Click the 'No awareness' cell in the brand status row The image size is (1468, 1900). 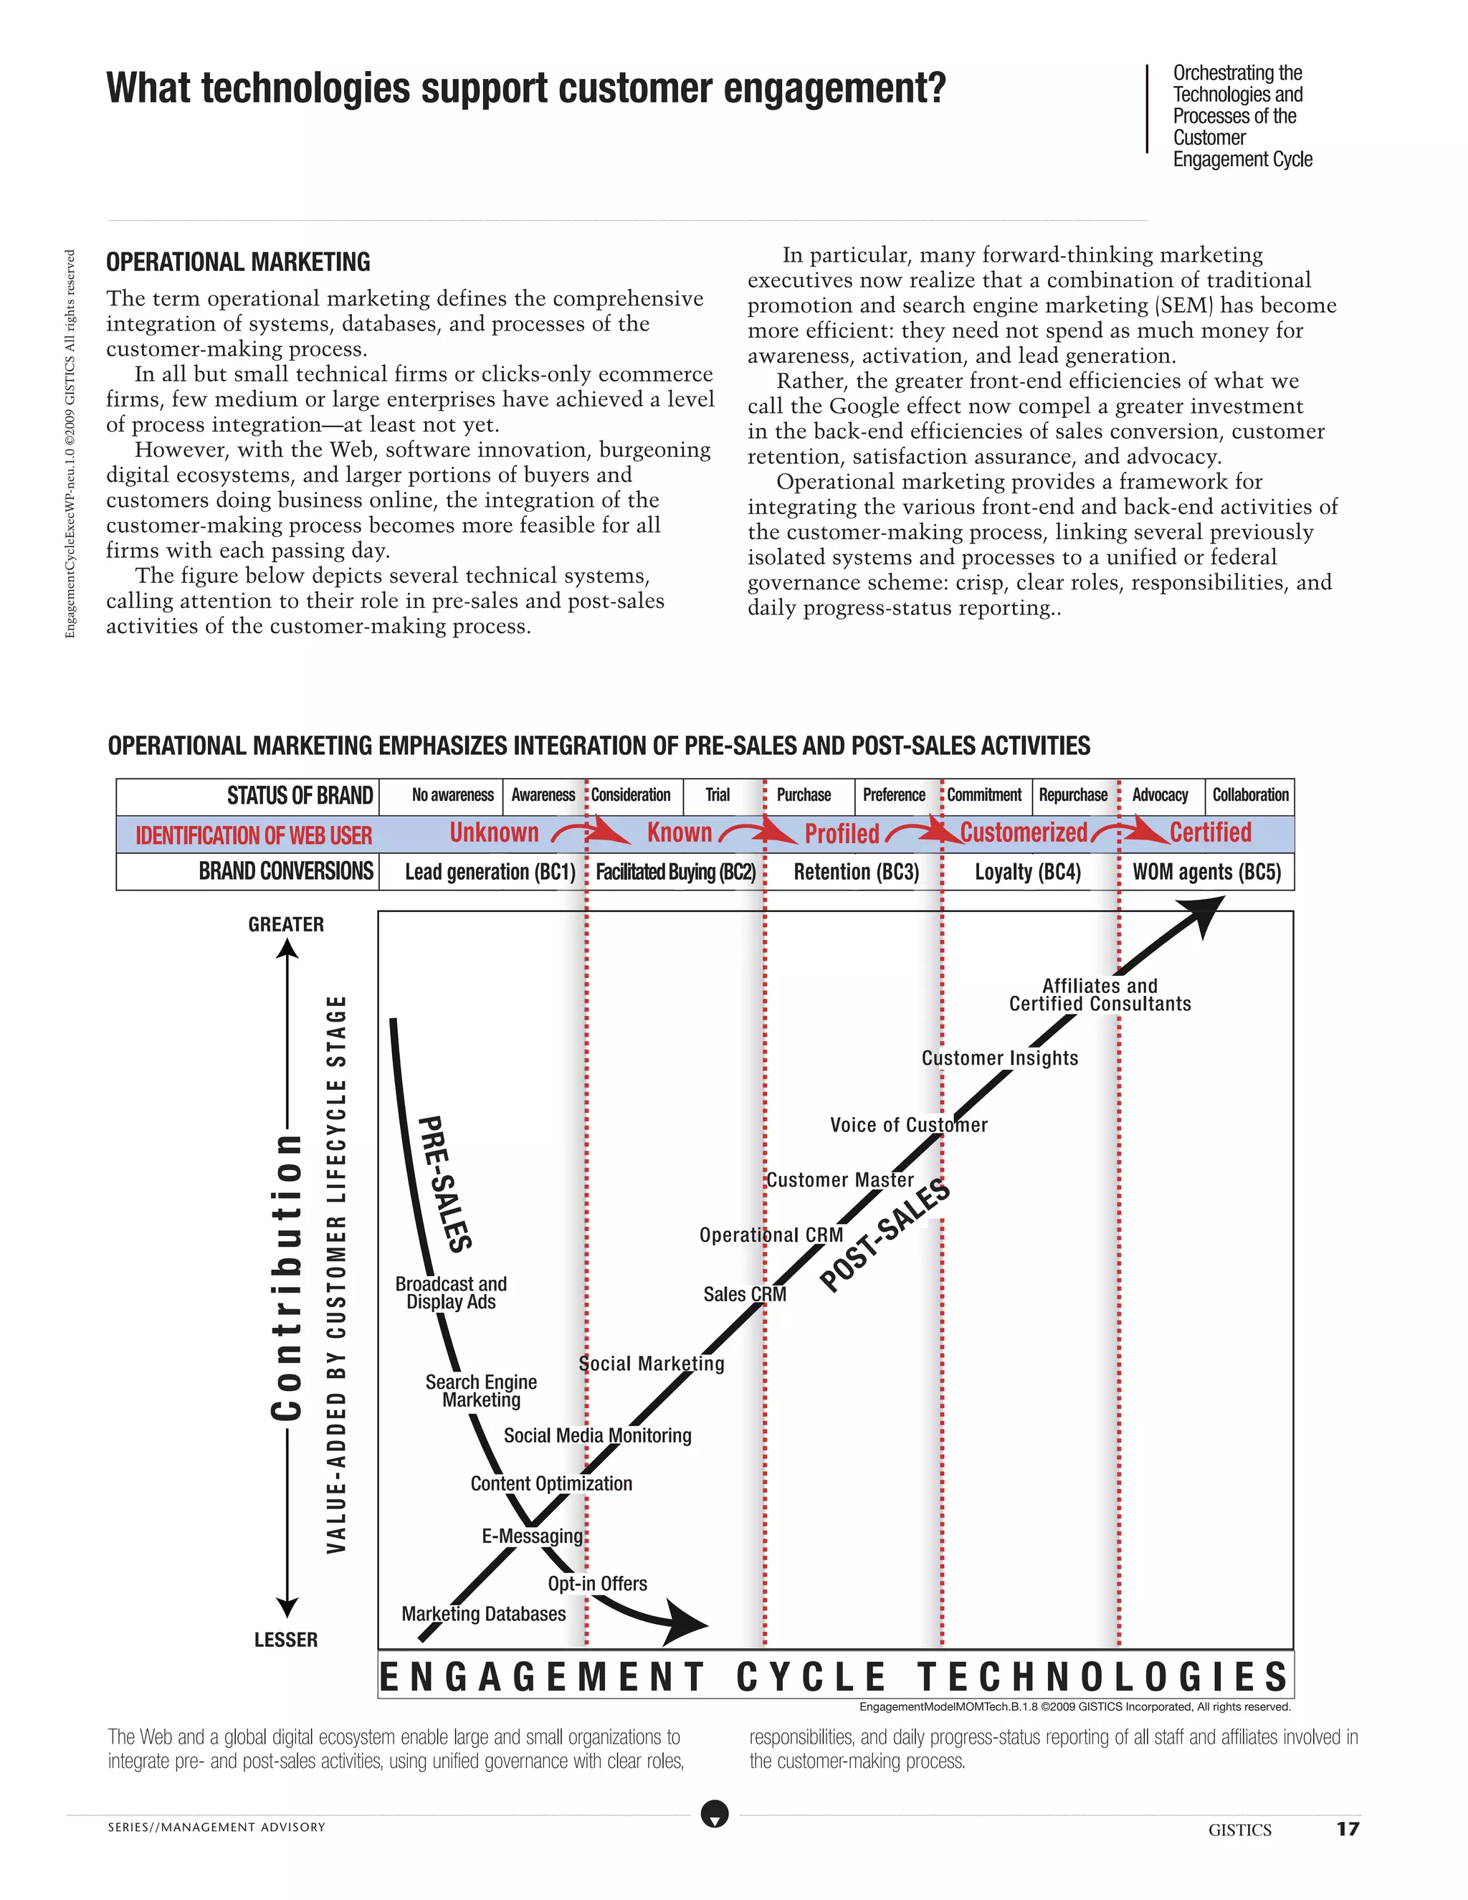tap(452, 795)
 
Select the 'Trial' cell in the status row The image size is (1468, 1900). tap(718, 795)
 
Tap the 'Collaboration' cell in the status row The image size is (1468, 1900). tap(1249, 795)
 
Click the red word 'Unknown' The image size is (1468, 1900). tap(494, 832)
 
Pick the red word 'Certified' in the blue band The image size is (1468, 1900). tap(1210, 832)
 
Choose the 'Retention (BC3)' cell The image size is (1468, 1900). tap(856, 872)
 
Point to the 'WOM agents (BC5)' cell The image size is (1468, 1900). tap(1206, 872)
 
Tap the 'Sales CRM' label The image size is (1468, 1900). tap(745, 1294)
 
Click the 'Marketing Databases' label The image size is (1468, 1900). tap(484, 1614)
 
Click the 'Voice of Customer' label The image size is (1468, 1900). tap(909, 1125)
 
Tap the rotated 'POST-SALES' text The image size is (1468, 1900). tap(885, 1235)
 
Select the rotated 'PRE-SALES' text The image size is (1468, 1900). tap(445, 1183)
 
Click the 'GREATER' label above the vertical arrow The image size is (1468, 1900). tap(286, 925)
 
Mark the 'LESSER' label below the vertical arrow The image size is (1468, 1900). tap(286, 1640)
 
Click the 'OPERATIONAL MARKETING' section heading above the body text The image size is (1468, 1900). tap(238, 262)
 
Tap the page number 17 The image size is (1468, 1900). tap(1347, 1829)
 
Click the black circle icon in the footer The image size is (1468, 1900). tap(715, 1814)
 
